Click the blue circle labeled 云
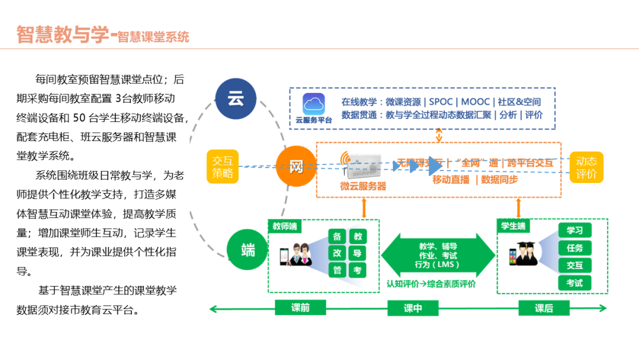(235, 99)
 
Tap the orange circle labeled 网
(296, 166)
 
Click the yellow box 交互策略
(223, 167)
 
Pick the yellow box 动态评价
(586, 167)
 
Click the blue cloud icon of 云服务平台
(314, 104)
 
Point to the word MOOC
(475, 102)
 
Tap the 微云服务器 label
(363, 186)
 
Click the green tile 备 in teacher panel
(337, 236)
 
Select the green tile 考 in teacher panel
(357, 270)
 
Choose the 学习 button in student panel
(575, 230)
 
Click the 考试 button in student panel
(575, 283)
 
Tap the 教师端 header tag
(285, 226)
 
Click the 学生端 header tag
(513, 226)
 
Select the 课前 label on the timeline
(300, 308)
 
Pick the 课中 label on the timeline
(412, 308)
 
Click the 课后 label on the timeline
(543, 308)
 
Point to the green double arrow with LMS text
(438, 256)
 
